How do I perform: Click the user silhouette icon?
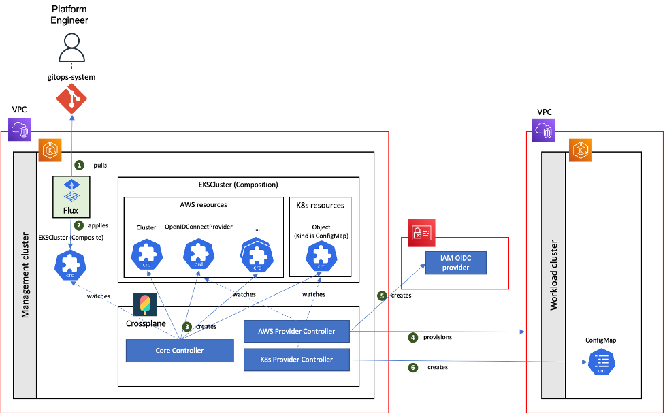[71, 48]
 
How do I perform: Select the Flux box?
[71, 197]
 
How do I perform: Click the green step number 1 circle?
[79, 165]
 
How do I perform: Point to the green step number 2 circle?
[79, 225]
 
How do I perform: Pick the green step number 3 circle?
[186, 327]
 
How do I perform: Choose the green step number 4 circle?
[412, 338]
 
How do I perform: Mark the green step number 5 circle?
[381, 296]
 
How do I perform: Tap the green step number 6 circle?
[412, 368]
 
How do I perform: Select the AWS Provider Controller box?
[296, 331]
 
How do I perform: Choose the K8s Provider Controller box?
[296, 360]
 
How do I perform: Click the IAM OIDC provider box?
[455, 263]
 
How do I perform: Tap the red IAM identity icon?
[421, 233]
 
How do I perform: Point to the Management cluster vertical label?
[25, 276]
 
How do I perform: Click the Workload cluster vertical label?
[553, 275]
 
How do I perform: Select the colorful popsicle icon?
[145, 304]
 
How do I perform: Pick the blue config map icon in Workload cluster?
[601, 362]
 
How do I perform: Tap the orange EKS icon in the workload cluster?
[581, 150]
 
